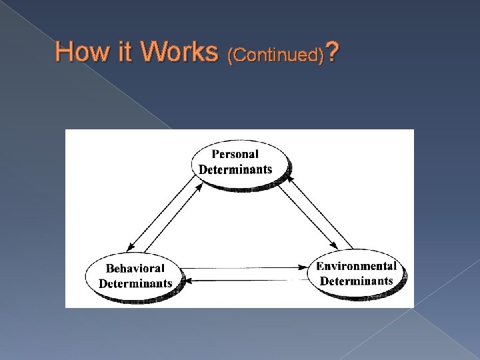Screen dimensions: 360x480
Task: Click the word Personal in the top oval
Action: [x=235, y=155]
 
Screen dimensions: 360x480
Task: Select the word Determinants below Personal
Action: [x=235, y=168]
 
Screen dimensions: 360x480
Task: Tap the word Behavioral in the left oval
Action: [x=135, y=269]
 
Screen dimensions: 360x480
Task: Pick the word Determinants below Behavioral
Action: [x=135, y=283]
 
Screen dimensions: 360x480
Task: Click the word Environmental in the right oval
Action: [x=357, y=266]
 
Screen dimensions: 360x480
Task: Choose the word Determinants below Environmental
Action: [x=357, y=280]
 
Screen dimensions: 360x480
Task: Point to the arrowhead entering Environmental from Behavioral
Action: [x=305, y=267]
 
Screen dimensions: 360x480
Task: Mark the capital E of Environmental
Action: [x=320, y=266]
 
